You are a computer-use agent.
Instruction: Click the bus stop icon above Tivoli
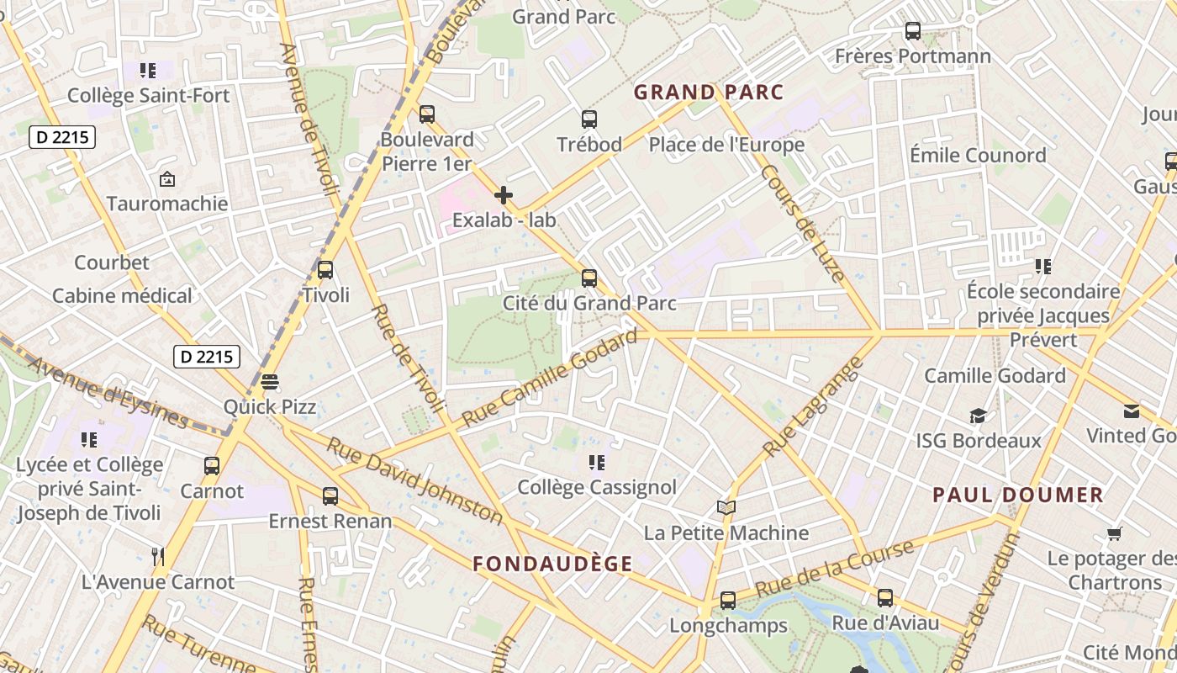tap(325, 270)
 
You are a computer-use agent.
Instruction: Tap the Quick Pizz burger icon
tap(270, 381)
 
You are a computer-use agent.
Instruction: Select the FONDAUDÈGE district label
tap(552, 564)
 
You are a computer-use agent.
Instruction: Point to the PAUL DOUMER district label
tap(1017, 495)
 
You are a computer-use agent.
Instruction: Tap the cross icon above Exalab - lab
tap(504, 195)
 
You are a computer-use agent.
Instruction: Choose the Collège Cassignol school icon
tap(597, 462)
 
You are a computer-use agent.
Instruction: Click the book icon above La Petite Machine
tap(726, 507)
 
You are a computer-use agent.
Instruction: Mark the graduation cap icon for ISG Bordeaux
tap(978, 416)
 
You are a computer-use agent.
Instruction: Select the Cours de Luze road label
tap(802, 222)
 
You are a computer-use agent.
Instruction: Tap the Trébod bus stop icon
tap(589, 119)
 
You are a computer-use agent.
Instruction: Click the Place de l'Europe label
tap(726, 145)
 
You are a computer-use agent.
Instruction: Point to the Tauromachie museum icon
tap(167, 179)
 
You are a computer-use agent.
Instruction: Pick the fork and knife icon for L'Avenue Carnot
tap(157, 556)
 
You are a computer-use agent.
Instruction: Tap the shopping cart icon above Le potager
tap(1115, 533)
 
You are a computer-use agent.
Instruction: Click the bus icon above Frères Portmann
tap(912, 31)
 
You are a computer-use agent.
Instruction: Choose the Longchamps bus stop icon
tap(728, 601)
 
